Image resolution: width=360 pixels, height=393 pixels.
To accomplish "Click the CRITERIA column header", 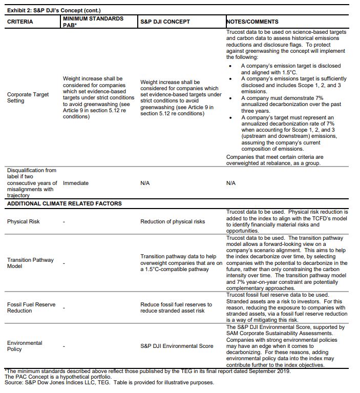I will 20,22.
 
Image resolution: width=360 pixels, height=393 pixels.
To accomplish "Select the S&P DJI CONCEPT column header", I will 165,22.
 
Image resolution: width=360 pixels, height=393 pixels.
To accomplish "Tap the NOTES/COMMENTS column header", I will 252,22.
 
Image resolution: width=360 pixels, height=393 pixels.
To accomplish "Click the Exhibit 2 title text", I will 54,10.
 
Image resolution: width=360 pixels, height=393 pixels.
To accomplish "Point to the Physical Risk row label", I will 24,221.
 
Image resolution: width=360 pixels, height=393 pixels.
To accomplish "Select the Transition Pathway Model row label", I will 30,263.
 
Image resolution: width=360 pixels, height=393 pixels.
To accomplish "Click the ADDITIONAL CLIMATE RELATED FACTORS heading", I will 64,203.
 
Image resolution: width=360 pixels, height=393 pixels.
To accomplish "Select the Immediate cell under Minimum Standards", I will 76,183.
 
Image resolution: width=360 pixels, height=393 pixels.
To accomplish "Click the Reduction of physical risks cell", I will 173,221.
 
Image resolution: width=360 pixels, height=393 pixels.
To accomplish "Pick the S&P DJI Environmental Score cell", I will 177,346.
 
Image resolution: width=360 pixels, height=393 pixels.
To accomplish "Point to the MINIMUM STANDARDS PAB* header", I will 92,22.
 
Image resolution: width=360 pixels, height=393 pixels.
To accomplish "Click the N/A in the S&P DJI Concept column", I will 145,183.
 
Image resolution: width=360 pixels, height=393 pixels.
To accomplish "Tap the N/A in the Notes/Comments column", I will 231,183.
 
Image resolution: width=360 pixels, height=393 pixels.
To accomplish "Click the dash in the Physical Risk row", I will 64,221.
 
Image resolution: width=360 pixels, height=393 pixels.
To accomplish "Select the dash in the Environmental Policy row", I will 64,346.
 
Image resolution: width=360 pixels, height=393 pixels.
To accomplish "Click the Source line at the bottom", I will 109,382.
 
